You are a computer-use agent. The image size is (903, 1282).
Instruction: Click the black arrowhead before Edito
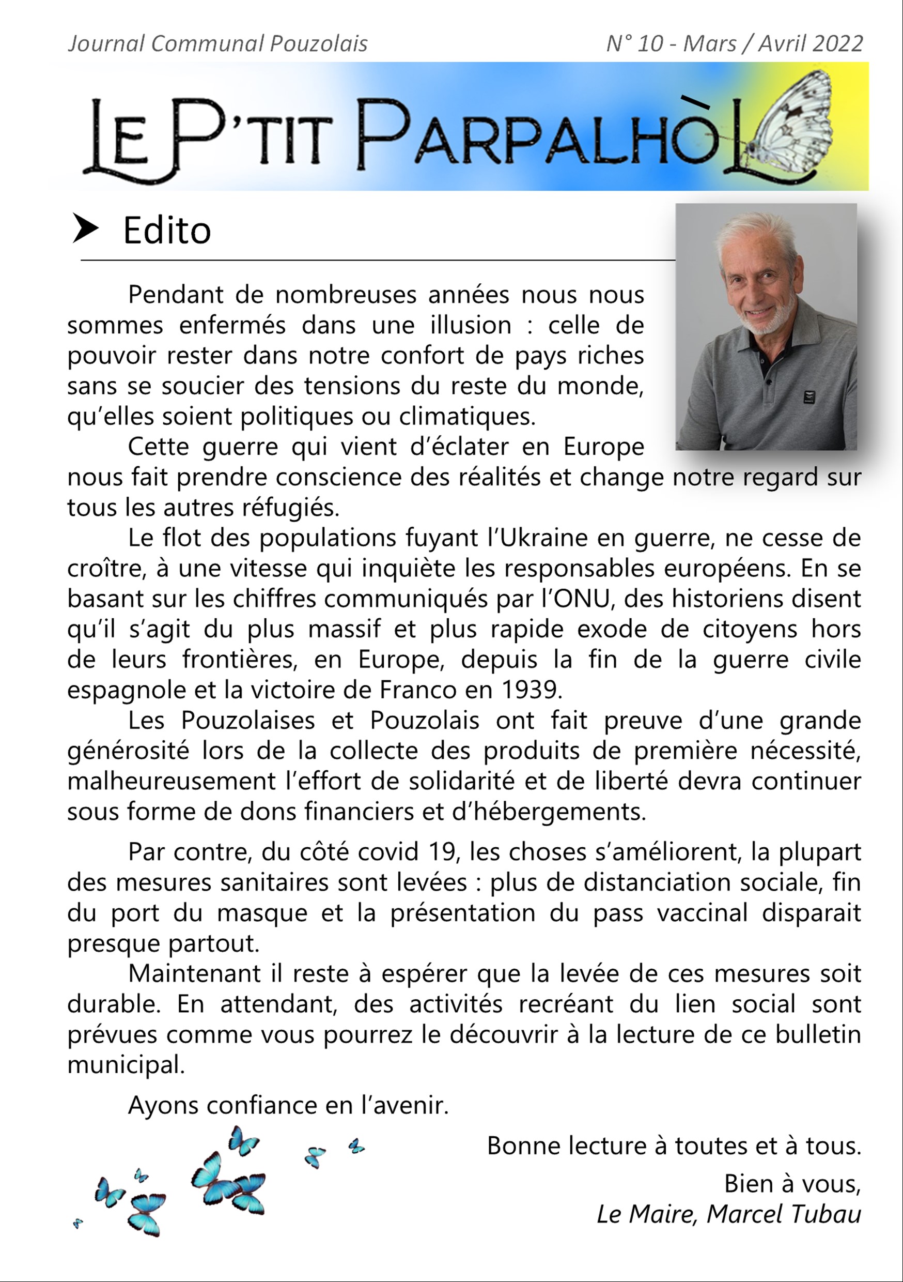click(85, 230)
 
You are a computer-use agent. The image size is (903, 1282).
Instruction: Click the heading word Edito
click(167, 231)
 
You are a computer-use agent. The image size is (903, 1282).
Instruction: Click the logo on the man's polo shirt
click(808, 397)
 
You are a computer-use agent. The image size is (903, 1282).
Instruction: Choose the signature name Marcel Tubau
click(784, 1214)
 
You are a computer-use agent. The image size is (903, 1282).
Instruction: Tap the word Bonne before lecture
click(523, 1146)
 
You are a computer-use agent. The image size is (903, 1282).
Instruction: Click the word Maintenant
click(194, 974)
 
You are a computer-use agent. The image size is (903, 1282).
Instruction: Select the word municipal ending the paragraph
click(126, 1065)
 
